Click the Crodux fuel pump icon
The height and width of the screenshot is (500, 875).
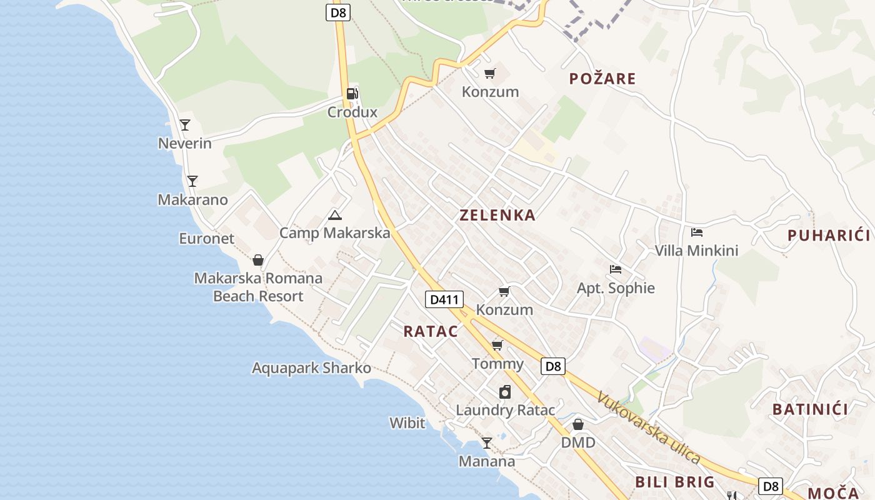(x=352, y=94)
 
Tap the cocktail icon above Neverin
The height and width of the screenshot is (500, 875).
(x=185, y=125)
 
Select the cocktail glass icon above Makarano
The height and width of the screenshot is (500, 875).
(x=192, y=181)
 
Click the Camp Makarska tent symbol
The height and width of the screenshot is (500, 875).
(x=335, y=216)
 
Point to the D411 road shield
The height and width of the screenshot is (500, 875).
(x=445, y=299)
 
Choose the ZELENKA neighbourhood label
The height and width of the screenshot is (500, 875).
(x=497, y=216)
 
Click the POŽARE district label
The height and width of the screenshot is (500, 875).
(x=602, y=79)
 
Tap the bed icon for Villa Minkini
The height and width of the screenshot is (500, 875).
(x=697, y=232)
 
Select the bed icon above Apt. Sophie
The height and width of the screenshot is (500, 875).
(x=616, y=269)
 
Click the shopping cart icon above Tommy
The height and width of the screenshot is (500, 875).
(x=497, y=345)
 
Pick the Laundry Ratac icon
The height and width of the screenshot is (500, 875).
(x=505, y=392)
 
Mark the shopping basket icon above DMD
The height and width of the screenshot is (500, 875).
(x=578, y=424)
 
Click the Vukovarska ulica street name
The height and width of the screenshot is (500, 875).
(x=648, y=427)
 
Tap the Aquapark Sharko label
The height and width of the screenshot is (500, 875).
(x=311, y=368)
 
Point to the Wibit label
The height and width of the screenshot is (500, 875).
(x=407, y=423)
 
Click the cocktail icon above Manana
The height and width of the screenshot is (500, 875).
(x=486, y=443)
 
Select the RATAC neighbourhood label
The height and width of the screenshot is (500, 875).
(x=431, y=332)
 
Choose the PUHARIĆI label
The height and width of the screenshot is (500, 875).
(x=829, y=236)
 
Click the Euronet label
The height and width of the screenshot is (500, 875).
(x=206, y=239)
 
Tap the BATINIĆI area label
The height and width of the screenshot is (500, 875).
(x=810, y=409)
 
